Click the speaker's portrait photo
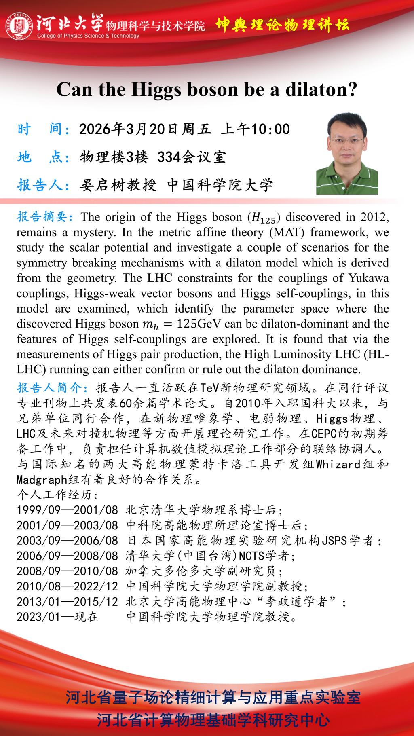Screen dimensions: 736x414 [x=347, y=154]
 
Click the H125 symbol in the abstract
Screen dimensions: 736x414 [x=263, y=218]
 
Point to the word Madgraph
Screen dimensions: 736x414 [x=42, y=480]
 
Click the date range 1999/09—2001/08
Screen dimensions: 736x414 [x=67, y=510]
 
